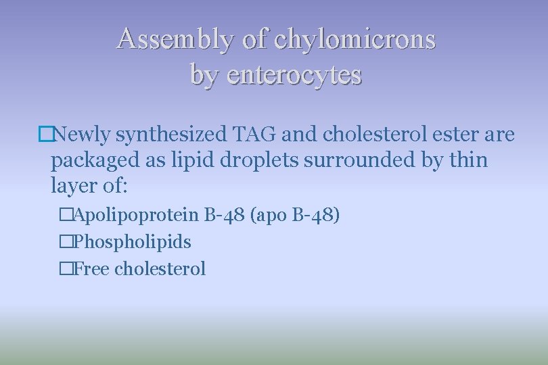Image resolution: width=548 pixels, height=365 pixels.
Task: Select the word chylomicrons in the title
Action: [355, 39]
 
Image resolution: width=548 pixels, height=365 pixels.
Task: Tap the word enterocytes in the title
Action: [294, 74]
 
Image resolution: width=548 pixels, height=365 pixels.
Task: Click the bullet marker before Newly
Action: [45, 135]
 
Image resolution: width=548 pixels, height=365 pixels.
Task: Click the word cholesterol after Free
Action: [160, 268]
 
